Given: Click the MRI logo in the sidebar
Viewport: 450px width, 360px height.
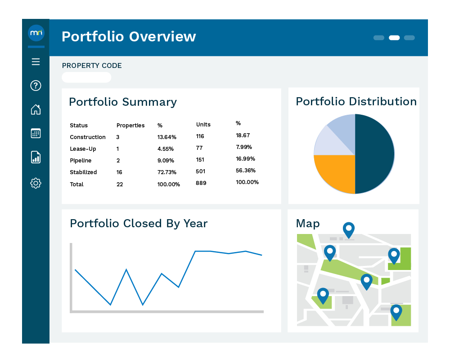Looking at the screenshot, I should click(36, 33).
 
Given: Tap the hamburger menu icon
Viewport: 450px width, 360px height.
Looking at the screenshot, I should click(36, 62).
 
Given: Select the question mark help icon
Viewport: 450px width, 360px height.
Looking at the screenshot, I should click(36, 85).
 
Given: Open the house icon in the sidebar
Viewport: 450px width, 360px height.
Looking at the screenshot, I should click(36, 109).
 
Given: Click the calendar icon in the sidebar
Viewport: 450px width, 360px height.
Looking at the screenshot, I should click(36, 133).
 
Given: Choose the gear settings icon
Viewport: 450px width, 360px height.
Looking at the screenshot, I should click(36, 183).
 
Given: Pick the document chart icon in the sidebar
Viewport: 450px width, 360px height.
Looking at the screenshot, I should click(36, 157).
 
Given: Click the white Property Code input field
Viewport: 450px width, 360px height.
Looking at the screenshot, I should click(86, 77).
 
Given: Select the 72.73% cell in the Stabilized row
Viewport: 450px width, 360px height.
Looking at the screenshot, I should click(167, 172).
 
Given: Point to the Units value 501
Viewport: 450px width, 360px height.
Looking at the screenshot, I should click(201, 171).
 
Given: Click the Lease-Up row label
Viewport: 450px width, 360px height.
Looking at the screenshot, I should click(83, 149).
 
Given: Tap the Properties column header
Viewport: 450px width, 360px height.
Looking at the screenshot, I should click(130, 126).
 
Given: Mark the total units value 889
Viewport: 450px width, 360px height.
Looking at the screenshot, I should click(201, 183).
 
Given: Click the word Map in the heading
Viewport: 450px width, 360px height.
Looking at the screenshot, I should click(308, 224).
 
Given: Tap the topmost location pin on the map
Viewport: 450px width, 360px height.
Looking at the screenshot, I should click(348, 229).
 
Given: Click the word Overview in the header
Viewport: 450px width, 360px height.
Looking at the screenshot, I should click(162, 36).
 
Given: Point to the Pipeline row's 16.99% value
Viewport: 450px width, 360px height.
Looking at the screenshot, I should click(245, 159).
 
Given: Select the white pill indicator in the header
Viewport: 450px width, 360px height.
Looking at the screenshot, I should click(394, 38).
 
